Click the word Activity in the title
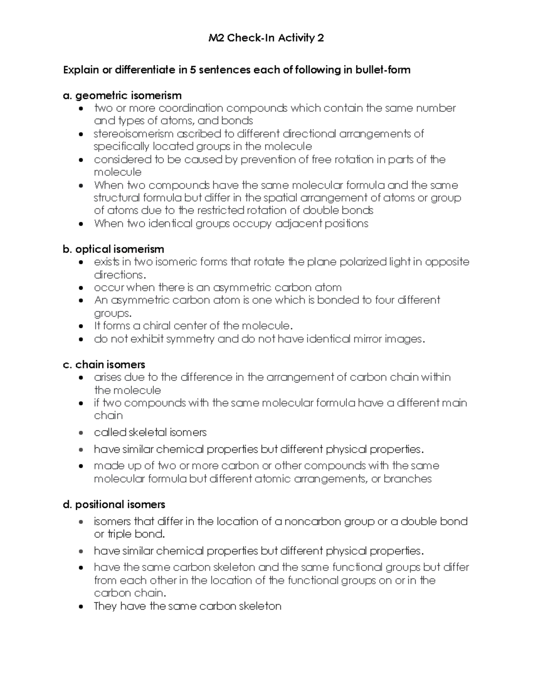point(296,38)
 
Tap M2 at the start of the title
point(216,38)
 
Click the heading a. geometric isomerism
point(122,96)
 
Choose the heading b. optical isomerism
point(113,249)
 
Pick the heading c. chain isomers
point(104,364)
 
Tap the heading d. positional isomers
point(114,504)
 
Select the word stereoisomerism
point(134,134)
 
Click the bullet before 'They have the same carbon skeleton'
point(80,606)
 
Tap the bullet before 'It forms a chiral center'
point(80,326)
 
